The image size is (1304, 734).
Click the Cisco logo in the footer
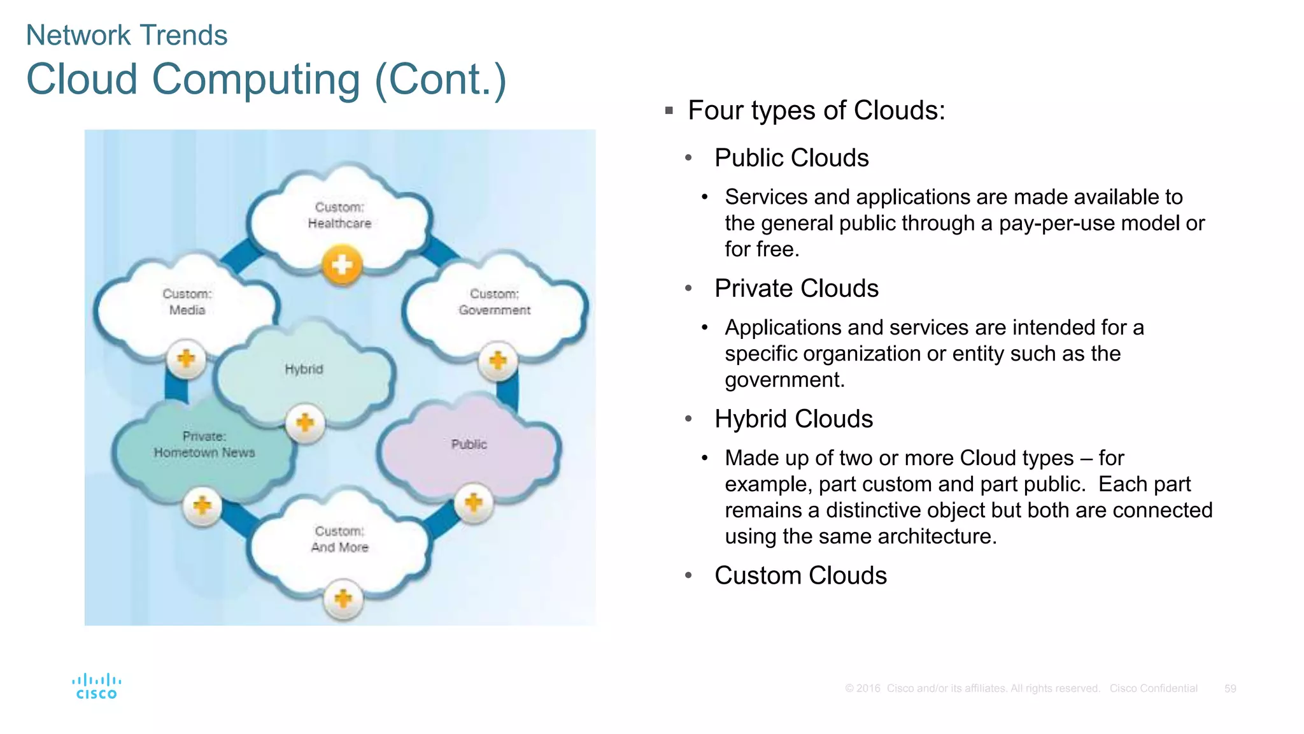coord(96,686)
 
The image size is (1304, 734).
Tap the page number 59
coord(1230,689)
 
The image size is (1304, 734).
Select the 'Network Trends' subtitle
coord(126,35)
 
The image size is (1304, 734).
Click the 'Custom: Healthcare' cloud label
coord(339,215)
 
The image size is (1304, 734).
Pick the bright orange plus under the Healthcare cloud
coord(342,265)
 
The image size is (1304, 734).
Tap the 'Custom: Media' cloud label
coord(187,302)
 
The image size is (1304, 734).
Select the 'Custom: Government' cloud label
coord(494,302)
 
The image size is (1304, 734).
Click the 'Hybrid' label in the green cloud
coord(304,370)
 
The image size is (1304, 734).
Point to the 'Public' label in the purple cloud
coord(469,444)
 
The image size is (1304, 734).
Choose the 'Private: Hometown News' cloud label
coord(204,445)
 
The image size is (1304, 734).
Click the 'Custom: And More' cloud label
coord(339,539)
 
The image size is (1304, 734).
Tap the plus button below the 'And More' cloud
coord(343,599)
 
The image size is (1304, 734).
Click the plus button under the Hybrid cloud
coord(305,422)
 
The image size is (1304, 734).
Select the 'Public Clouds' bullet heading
coord(791,158)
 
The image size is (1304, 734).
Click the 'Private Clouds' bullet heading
coord(796,289)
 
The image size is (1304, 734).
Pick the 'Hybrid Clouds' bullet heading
coord(793,419)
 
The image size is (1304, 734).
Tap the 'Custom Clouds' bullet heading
coord(800,575)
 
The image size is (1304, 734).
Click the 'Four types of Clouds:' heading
coord(816,110)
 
